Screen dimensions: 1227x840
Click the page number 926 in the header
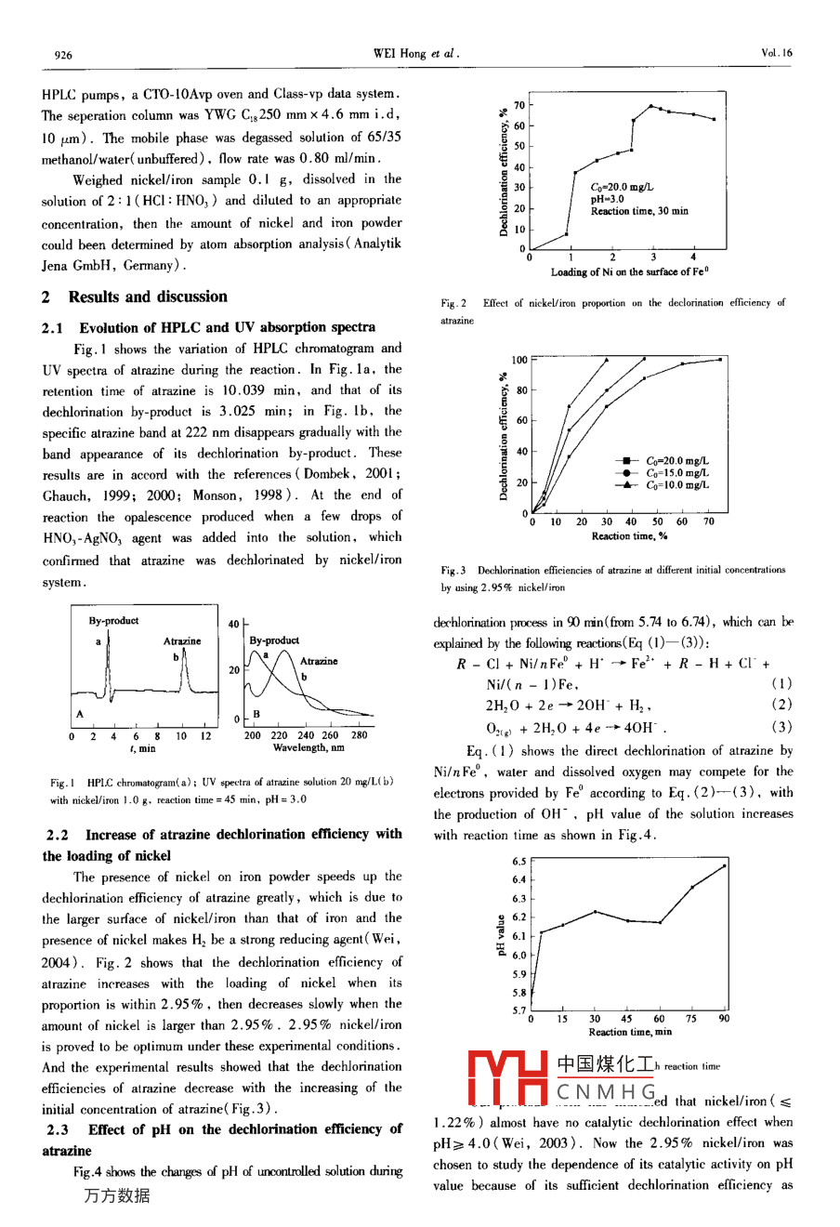click(63, 54)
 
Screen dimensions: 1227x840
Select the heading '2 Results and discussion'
click(135, 297)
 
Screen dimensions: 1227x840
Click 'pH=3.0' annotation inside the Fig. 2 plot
click(608, 199)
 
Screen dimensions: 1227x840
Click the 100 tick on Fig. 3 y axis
click(519, 360)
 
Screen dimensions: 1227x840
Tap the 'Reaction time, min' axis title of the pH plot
click(629, 1032)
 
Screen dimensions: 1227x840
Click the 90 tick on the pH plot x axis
click(724, 1019)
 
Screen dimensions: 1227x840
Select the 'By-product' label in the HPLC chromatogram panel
click(114, 621)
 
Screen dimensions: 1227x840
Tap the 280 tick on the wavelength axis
click(359, 735)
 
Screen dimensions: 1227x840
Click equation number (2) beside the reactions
click(781, 706)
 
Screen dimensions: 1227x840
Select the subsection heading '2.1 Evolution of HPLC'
click(209, 327)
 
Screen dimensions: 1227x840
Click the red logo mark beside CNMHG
click(506, 1079)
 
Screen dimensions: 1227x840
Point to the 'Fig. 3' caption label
click(454, 571)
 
